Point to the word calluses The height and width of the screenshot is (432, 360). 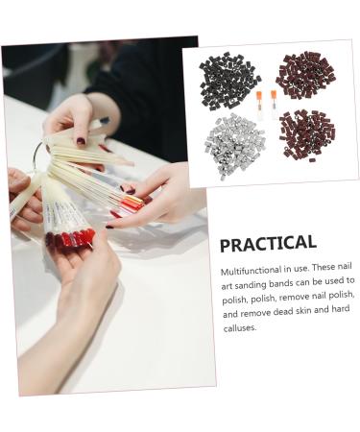239,327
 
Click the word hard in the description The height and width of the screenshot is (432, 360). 341,314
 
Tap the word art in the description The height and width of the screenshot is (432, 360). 228,286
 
